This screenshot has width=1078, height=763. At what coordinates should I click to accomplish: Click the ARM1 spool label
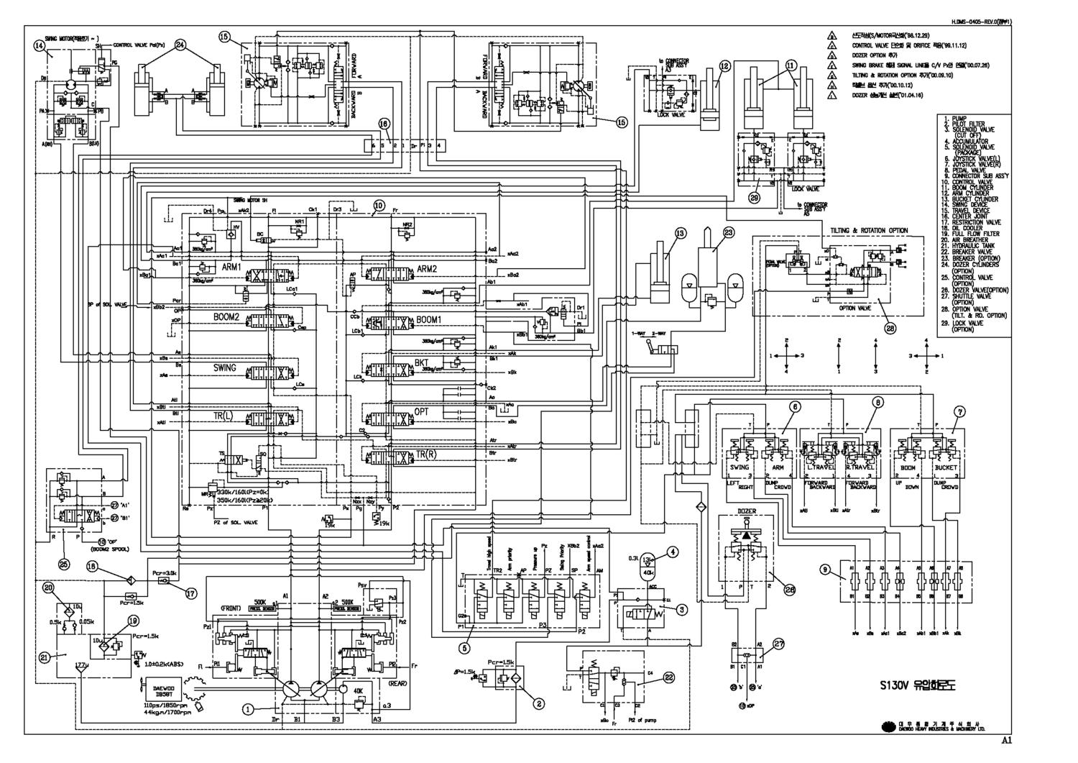(x=231, y=267)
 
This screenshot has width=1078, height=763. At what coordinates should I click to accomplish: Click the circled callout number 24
(x=180, y=44)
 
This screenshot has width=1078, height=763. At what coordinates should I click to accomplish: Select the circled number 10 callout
(x=379, y=204)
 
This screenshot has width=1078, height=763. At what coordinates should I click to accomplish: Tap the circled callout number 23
(x=729, y=232)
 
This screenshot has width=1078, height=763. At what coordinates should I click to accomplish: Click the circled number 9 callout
(x=826, y=569)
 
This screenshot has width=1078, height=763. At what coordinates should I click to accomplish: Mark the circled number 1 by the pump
(x=248, y=708)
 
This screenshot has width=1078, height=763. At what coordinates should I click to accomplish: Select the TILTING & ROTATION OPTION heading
(x=869, y=230)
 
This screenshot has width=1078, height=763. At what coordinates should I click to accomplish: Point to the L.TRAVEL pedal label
(x=816, y=467)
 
